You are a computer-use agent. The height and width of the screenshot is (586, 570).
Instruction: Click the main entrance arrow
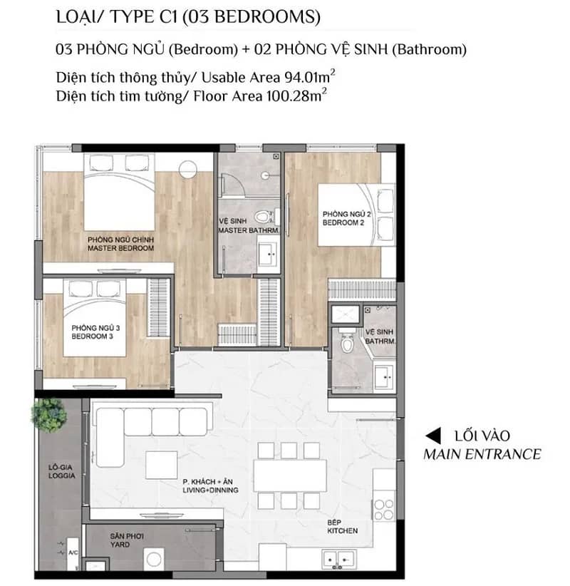tap(433, 436)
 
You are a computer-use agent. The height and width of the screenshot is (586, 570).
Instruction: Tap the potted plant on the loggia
tap(49, 414)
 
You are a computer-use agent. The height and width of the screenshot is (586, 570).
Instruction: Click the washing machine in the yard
tap(153, 559)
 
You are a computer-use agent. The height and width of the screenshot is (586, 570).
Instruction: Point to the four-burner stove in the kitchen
tap(383, 510)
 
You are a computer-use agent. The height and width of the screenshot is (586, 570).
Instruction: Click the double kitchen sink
tap(338, 560)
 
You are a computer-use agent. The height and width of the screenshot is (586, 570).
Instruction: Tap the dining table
tap(290, 476)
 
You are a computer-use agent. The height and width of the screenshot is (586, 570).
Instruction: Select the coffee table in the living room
tap(161, 465)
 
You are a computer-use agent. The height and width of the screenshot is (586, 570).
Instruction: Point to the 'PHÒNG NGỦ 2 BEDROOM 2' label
tap(347, 218)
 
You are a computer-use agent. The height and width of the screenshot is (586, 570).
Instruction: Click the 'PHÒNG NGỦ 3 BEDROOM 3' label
tap(95, 332)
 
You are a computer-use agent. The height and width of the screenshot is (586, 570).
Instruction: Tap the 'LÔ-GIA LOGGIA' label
tap(62, 471)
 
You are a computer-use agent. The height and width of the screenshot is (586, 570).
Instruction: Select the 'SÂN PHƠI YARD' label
tap(127, 540)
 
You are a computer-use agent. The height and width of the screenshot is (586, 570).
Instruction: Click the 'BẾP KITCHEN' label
tap(342, 527)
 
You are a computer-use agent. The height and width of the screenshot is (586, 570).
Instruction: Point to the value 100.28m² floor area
tap(296, 96)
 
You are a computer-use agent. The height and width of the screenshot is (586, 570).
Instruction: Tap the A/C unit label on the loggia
tap(73, 552)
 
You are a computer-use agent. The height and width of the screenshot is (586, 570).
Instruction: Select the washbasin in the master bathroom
tap(268, 254)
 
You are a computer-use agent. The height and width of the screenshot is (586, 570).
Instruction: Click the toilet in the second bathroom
tap(347, 341)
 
